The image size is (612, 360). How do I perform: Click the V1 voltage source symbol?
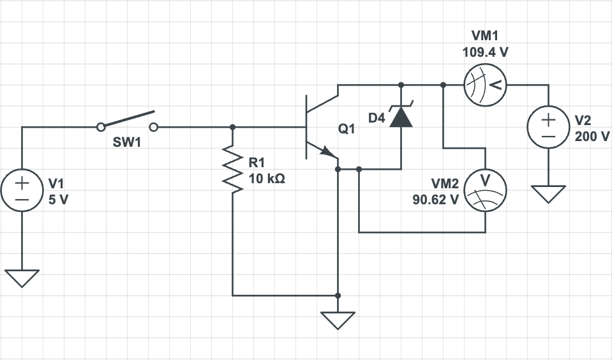tap(22, 191)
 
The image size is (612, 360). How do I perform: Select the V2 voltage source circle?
tap(548, 127)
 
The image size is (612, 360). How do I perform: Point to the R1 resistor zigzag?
tap(232, 169)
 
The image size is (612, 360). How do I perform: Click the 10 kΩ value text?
tap(267, 179)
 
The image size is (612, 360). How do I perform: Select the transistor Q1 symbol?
tap(318, 127)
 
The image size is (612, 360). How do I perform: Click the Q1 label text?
tap(347, 130)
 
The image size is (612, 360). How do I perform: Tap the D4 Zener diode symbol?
tap(401, 116)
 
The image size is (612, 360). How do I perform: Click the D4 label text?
tap(377, 118)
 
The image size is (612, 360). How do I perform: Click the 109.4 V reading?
tap(485, 52)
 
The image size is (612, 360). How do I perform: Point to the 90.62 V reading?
tap(435, 199)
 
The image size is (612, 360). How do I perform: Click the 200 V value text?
tap(592, 137)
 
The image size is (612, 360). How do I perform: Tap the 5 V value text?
tap(58, 199)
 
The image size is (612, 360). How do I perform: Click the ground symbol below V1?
tap(22, 278)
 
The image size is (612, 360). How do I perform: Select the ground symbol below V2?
tap(548, 193)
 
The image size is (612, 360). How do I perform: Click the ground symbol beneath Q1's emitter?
tap(338, 319)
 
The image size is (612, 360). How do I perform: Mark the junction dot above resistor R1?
tap(232, 127)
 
